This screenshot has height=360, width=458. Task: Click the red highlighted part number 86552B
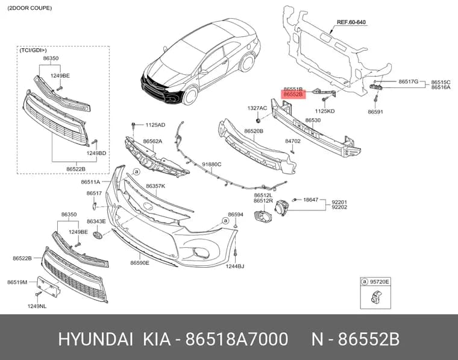tap(293, 95)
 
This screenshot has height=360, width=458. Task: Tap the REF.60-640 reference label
tap(351, 22)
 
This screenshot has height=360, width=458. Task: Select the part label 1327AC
tap(257, 108)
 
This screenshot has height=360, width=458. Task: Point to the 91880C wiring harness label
tap(212, 165)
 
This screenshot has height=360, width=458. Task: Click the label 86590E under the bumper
tap(140, 263)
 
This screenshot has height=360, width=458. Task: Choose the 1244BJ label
tap(235, 266)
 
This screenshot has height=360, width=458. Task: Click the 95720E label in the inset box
tap(380, 282)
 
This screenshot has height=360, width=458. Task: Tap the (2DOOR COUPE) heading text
tap(30, 8)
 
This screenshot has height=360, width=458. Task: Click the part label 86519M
tap(17, 282)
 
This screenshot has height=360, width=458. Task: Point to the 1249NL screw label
tap(37, 306)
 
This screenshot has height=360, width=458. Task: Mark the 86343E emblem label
tap(96, 221)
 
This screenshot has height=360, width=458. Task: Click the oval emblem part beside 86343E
tap(98, 235)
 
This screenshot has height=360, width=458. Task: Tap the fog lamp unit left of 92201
tap(281, 208)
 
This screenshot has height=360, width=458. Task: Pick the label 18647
tap(310, 200)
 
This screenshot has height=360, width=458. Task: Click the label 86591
tap(375, 112)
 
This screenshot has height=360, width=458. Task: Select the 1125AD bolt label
tap(155, 125)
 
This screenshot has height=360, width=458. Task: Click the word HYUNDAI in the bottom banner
tap(96, 339)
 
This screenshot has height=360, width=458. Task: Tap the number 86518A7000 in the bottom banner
tap(237, 339)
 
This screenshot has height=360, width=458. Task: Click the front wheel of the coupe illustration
tap(190, 95)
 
